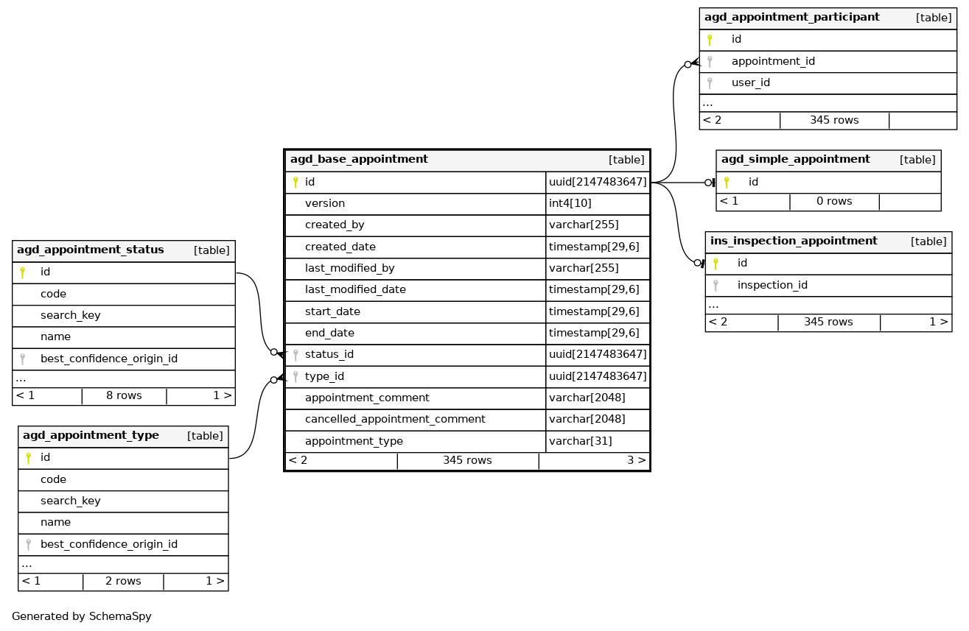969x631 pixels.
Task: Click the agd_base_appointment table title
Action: pyautogui.click(x=359, y=159)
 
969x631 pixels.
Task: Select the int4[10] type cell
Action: pyautogui.click(x=570, y=203)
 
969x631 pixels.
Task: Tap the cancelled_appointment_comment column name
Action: pyautogui.click(x=395, y=419)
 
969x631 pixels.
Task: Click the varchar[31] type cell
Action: pyautogui.click(x=580, y=441)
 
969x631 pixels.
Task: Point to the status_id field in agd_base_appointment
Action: pyautogui.click(x=329, y=354)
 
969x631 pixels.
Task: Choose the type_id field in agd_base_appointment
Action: pyautogui.click(x=324, y=376)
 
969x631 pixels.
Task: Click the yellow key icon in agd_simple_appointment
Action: pyautogui.click(x=727, y=182)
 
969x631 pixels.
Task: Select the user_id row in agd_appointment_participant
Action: pyautogui.click(x=750, y=82)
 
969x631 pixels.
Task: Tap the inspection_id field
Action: pyautogui.click(x=772, y=285)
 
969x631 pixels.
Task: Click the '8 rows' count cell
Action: pyautogui.click(x=124, y=395)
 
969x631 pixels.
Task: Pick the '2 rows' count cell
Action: pyautogui.click(x=123, y=581)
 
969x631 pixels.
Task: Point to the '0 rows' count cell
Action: pyautogui.click(x=834, y=201)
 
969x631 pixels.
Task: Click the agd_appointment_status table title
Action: pyautogui.click(x=91, y=250)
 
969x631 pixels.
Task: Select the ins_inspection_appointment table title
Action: pyautogui.click(x=794, y=241)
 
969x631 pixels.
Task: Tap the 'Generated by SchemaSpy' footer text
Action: pyautogui.click(x=82, y=616)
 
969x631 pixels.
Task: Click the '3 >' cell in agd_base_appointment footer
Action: pyautogui.click(x=636, y=460)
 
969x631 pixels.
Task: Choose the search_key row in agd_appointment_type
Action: pyautogui.click(x=71, y=501)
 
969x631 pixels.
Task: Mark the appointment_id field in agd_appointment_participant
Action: pyautogui.click(x=773, y=61)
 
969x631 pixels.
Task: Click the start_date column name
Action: pyautogui.click(x=332, y=311)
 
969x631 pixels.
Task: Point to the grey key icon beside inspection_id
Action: pyautogui.click(x=716, y=285)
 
